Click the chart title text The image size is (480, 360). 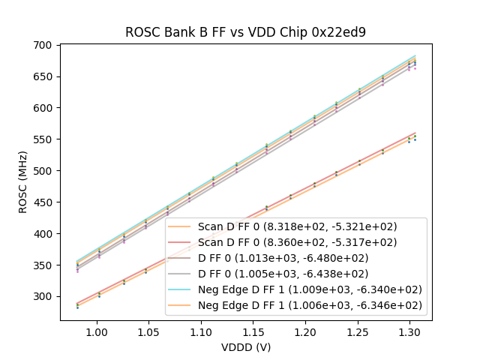click(x=245, y=32)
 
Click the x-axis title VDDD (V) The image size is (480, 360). click(x=245, y=347)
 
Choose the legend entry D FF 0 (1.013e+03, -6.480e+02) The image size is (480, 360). click(x=298, y=258)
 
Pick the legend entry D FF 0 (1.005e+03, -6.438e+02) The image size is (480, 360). click(x=298, y=274)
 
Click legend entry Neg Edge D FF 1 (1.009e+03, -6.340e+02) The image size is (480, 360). click(x=310, y=289)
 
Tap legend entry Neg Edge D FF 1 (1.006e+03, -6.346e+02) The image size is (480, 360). click(x=310, y=305)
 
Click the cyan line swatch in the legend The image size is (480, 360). click(x=181, y=289)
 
